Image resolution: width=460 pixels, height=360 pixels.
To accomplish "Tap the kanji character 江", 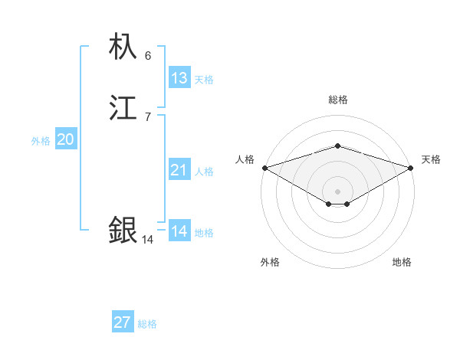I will pyautogui.click(x=123, y=108).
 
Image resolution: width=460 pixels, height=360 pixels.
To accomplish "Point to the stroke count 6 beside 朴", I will pyautogui.click(x=147, y=56).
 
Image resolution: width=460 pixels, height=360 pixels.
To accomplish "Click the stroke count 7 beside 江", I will pyautogui.click(x=147, y=116).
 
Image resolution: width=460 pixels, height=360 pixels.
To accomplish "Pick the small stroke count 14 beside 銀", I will pyautogui.click(x=147, y=240).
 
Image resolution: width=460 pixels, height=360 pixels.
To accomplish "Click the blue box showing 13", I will pyautogui.click(x=179, y=78).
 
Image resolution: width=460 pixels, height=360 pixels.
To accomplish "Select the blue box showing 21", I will pyautogui.click(x=179, y=170).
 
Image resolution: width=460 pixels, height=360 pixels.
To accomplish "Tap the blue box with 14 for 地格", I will pyautogui.click(x=179, y=231).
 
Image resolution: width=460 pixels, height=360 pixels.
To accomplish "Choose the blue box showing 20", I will pyautogui.click(x=66, y=139).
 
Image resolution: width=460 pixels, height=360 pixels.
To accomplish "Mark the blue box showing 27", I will pyautogui.click(x=122, y=322).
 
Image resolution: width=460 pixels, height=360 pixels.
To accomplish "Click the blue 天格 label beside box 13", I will pyautogui.click(x=204, y=80).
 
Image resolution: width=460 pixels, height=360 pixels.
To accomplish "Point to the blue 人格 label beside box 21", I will pyautogui.click(x=204, y=172).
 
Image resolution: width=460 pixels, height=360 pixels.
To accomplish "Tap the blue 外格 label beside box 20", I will pyautogui.click(x=41, y=141).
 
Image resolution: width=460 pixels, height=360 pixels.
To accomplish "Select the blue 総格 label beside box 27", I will pyautogui.click(x=147, y=324).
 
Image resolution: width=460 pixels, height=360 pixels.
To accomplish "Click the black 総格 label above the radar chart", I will pyautogui.click(x=337, y=100).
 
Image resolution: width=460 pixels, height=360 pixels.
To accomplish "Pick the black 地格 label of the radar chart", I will pyautogui.click(x=402, y=262).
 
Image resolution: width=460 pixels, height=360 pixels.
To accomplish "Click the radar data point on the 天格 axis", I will pyautogui.click(x=412, y=168).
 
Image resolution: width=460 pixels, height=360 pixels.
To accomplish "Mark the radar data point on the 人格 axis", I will pyautogui.click(x=264, y=168).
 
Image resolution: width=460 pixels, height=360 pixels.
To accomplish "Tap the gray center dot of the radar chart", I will pyautogui.click(x=337, y=191).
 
